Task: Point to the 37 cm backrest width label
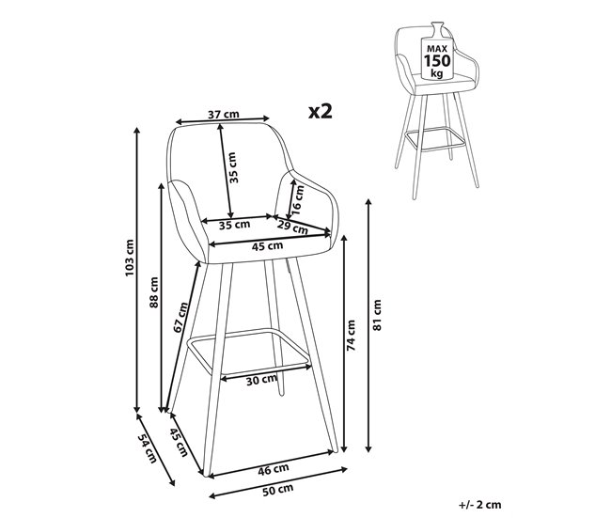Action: (223, 115)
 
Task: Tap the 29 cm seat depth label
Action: (293, 228)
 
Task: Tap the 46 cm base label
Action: (274, 468)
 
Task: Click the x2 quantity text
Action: (321, 111)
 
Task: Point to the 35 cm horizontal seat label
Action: (234, 225)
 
